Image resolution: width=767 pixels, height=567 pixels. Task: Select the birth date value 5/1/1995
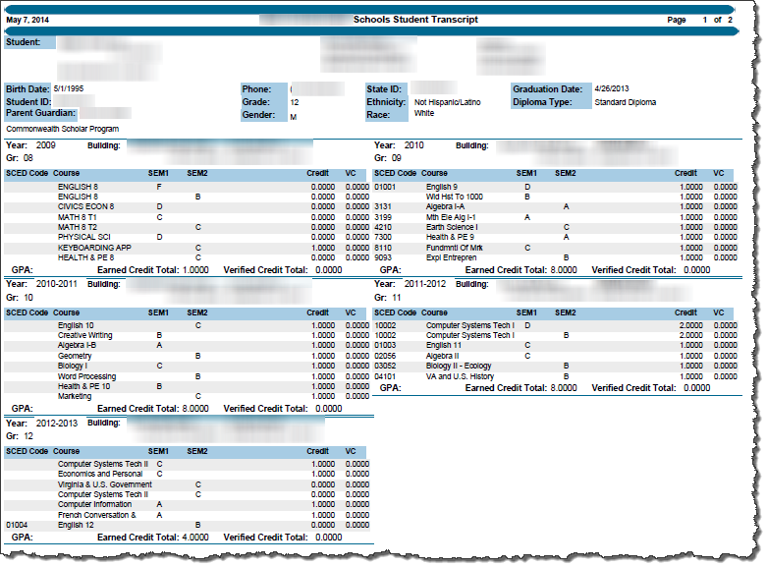pyautogui.click(x=71, y=89)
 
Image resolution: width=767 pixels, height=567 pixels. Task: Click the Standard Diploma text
pyautogui.click(x=625, y=102)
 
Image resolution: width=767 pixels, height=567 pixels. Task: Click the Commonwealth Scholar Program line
pyautogui.click(x=61, y=128)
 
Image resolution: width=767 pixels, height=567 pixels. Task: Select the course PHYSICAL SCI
pyautogui.click(x=83, y=237)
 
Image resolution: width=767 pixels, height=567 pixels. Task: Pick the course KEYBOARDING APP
pyautogui.click(x=93, y=248)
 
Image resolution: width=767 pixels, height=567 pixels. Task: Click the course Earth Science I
pyautogui.click(x=452, y=227)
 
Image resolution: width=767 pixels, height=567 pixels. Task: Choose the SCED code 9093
pyautogui.click(x=384, y=257)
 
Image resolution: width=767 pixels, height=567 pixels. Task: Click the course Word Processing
pyautogui.click(x=87, y=376)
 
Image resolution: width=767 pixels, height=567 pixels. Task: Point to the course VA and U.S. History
pyautogui.click(x=460, y=376)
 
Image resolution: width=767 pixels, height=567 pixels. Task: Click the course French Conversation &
pyautogui.click(x=97, y=515)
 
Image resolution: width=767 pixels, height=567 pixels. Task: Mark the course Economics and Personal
pyautogui.click(x=99, y=474)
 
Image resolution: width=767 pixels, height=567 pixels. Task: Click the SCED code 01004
pyautogui.click(x=17, y=526)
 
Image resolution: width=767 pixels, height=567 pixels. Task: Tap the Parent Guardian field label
pyautogui.click(x=41, y=114)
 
